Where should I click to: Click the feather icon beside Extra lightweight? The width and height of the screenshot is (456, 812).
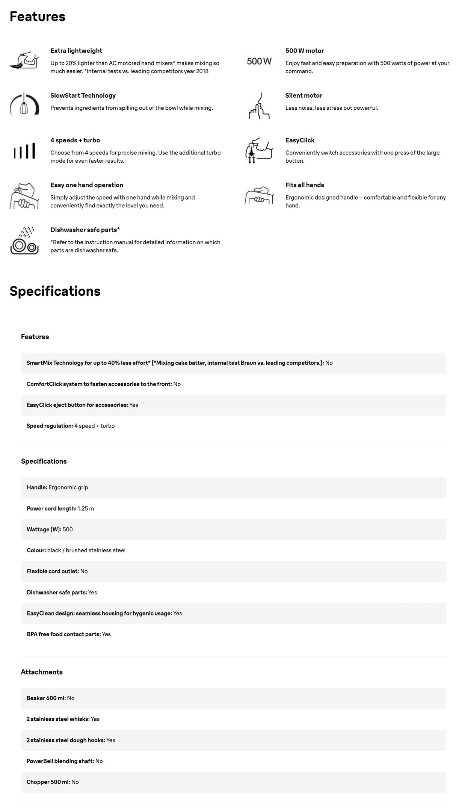click(24, 60)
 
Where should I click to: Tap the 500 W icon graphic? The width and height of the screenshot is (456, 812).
click(259, 61)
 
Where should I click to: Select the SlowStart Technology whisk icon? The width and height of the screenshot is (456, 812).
click(24, 104)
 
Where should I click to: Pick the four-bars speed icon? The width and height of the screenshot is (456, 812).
click(24, 151)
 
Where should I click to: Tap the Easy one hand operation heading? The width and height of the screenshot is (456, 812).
click(87, 185)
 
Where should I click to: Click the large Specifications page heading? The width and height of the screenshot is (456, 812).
click(55, 291)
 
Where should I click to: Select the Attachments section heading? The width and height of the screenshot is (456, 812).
click(42, 672)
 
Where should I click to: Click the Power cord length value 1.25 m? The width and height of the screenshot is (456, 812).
click(86, 508)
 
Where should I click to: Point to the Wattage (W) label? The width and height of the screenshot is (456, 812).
click(44, 529)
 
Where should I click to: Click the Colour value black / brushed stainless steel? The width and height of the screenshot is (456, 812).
click(86, 550)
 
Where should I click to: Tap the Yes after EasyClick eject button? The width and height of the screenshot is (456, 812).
click(134, 405)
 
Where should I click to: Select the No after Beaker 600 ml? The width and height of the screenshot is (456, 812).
click(71, 698)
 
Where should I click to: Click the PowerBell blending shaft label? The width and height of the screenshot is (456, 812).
click(60, 761)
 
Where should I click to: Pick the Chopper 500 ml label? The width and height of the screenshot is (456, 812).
click(48, 782)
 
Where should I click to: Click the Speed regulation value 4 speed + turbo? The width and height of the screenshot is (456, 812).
click(95, 426)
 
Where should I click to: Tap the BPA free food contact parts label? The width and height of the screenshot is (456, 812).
click(63, 634)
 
